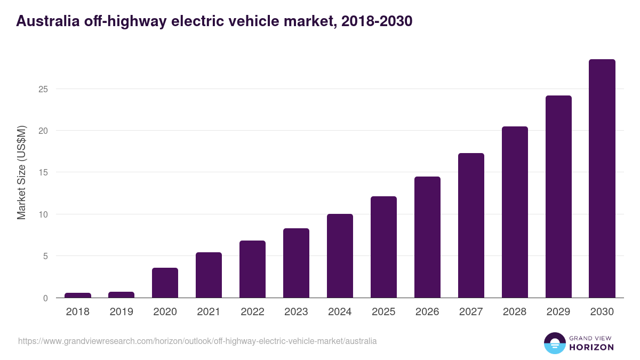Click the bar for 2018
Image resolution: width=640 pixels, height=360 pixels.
78,295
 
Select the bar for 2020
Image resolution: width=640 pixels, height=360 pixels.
165,283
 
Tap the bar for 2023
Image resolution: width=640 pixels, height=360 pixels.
296,263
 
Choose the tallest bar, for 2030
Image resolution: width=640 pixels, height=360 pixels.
602,179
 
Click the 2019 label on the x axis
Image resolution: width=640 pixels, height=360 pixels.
122,311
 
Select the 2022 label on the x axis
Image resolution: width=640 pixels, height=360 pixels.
252,311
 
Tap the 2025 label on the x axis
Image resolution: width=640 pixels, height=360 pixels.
383,311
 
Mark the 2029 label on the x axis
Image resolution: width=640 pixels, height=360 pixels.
558,311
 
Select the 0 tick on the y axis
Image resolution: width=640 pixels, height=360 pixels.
45,298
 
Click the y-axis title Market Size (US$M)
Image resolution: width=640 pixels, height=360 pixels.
21,172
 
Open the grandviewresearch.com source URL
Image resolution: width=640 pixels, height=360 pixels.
197,341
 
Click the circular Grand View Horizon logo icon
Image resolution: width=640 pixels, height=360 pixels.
554,343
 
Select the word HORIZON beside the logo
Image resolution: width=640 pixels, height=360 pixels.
592,347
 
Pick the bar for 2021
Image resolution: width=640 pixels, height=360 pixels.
209,275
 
